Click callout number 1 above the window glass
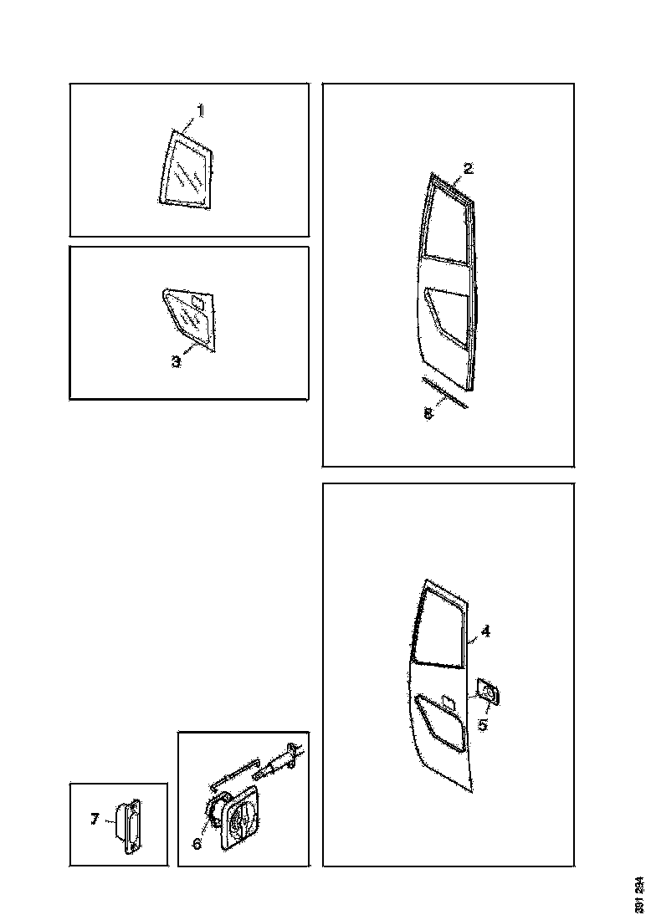point(201,110)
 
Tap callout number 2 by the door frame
point(469,168)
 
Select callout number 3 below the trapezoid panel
point(177,361)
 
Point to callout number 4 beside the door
point(485,631)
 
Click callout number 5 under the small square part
point(483,724)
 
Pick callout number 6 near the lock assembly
point(197,844)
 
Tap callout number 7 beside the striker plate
point(95,819)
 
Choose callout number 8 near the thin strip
point(428,414)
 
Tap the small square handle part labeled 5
point(486,693)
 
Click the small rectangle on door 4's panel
point(447,700)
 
